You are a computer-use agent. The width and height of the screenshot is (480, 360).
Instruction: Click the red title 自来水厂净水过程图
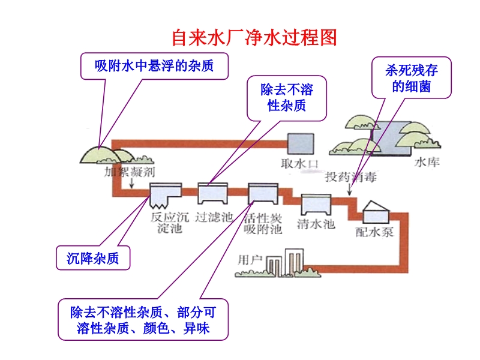point(254,38)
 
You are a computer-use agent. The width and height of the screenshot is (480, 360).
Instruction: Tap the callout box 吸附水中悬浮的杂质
point(155,65)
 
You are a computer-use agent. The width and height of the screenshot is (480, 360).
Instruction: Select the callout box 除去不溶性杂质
point(287,98)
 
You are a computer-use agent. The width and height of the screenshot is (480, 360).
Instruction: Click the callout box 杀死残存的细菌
point(412,79)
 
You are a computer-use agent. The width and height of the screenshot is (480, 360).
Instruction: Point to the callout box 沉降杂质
point(93,258)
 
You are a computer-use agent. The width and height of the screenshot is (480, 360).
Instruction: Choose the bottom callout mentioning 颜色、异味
point(143,320)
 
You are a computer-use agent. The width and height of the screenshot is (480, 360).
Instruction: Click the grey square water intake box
point(300,144)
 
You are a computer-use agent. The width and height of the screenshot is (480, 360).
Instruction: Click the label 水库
point(427,163)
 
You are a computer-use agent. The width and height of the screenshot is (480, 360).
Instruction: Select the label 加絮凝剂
point(130,172)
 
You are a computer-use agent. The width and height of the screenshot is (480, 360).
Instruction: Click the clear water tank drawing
point(316,205)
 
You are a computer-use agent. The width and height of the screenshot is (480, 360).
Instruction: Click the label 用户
point(250,260)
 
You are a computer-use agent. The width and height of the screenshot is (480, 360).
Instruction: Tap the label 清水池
point(316,225)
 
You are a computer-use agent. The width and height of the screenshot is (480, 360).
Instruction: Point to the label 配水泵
point(374,232)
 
